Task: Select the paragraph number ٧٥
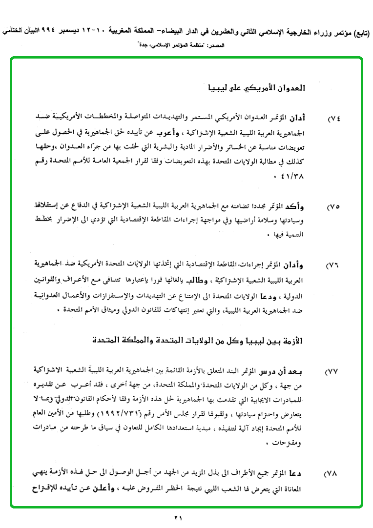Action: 334,207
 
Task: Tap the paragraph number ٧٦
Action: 334,266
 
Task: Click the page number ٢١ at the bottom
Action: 178,518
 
